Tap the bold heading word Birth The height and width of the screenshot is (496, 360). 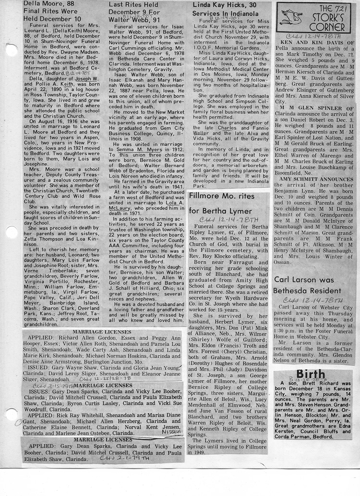click(312, 374)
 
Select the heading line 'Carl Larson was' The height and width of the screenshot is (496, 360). click(303, 279)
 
